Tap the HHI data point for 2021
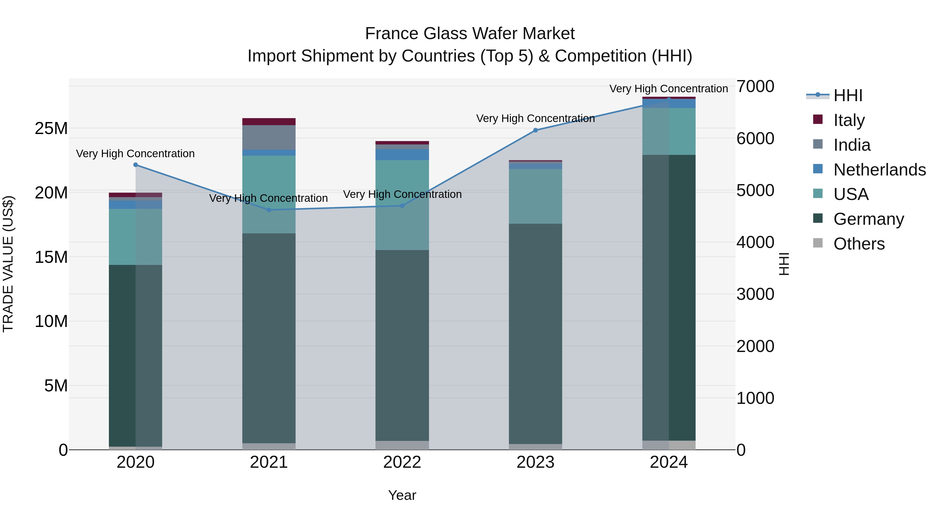pos(269,210)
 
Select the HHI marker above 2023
pos(535,130)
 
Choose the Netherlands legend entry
pos(879,169)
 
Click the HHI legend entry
pos(847,95)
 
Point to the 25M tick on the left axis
pos(51,128)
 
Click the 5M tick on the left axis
pos(56,386)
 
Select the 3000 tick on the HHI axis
pos(755,294)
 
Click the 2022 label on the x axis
pos(402,462)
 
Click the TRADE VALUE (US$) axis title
pos(8,264)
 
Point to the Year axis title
pos(402,495)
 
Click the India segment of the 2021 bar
pos(269,137)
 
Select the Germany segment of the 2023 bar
pos(535,333)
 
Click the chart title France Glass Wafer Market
pos(470,34)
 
